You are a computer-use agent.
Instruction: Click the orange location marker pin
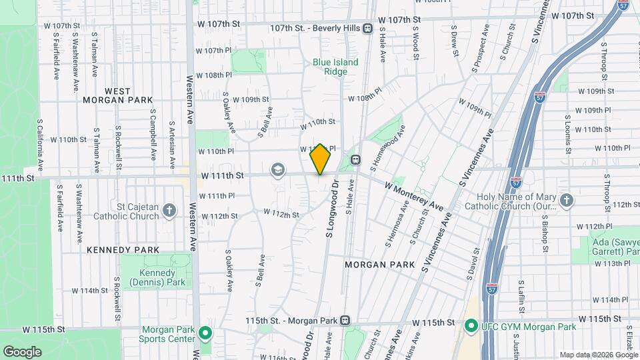click(321, 159)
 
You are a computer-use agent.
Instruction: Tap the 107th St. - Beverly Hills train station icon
click(367, 28)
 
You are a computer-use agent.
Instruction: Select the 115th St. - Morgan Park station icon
click(345, 321)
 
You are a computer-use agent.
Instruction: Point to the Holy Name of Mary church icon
click(566, 201)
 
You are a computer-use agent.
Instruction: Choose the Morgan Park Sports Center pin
click(206, 333)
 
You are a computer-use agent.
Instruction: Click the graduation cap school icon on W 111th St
click(276, 171)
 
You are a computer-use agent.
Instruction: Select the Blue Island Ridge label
click(335, 67)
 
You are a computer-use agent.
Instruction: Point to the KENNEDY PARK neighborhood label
click(123, 250)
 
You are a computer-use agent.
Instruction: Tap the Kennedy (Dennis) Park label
click(157, 278)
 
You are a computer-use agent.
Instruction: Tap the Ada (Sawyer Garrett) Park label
click(614, 247)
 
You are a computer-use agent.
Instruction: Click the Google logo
click(22, 351)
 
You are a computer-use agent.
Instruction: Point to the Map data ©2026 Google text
click(597, 355)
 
